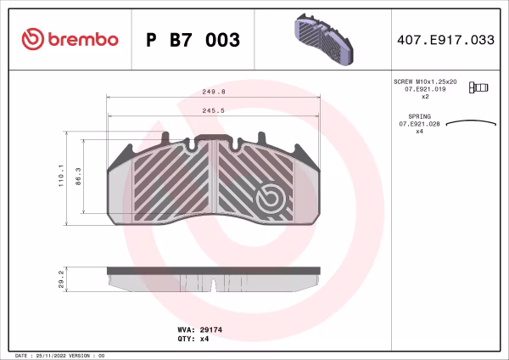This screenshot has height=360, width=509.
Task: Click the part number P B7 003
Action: coord(193,40)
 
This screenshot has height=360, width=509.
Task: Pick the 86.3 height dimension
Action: coord(80,177)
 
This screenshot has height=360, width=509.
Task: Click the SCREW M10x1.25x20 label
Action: coord(425,81)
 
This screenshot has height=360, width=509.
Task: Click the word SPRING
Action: coord(419,115)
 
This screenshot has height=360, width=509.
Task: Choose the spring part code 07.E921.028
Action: coord(419,124)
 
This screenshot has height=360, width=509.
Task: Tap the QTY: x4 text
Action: coord(187,338)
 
